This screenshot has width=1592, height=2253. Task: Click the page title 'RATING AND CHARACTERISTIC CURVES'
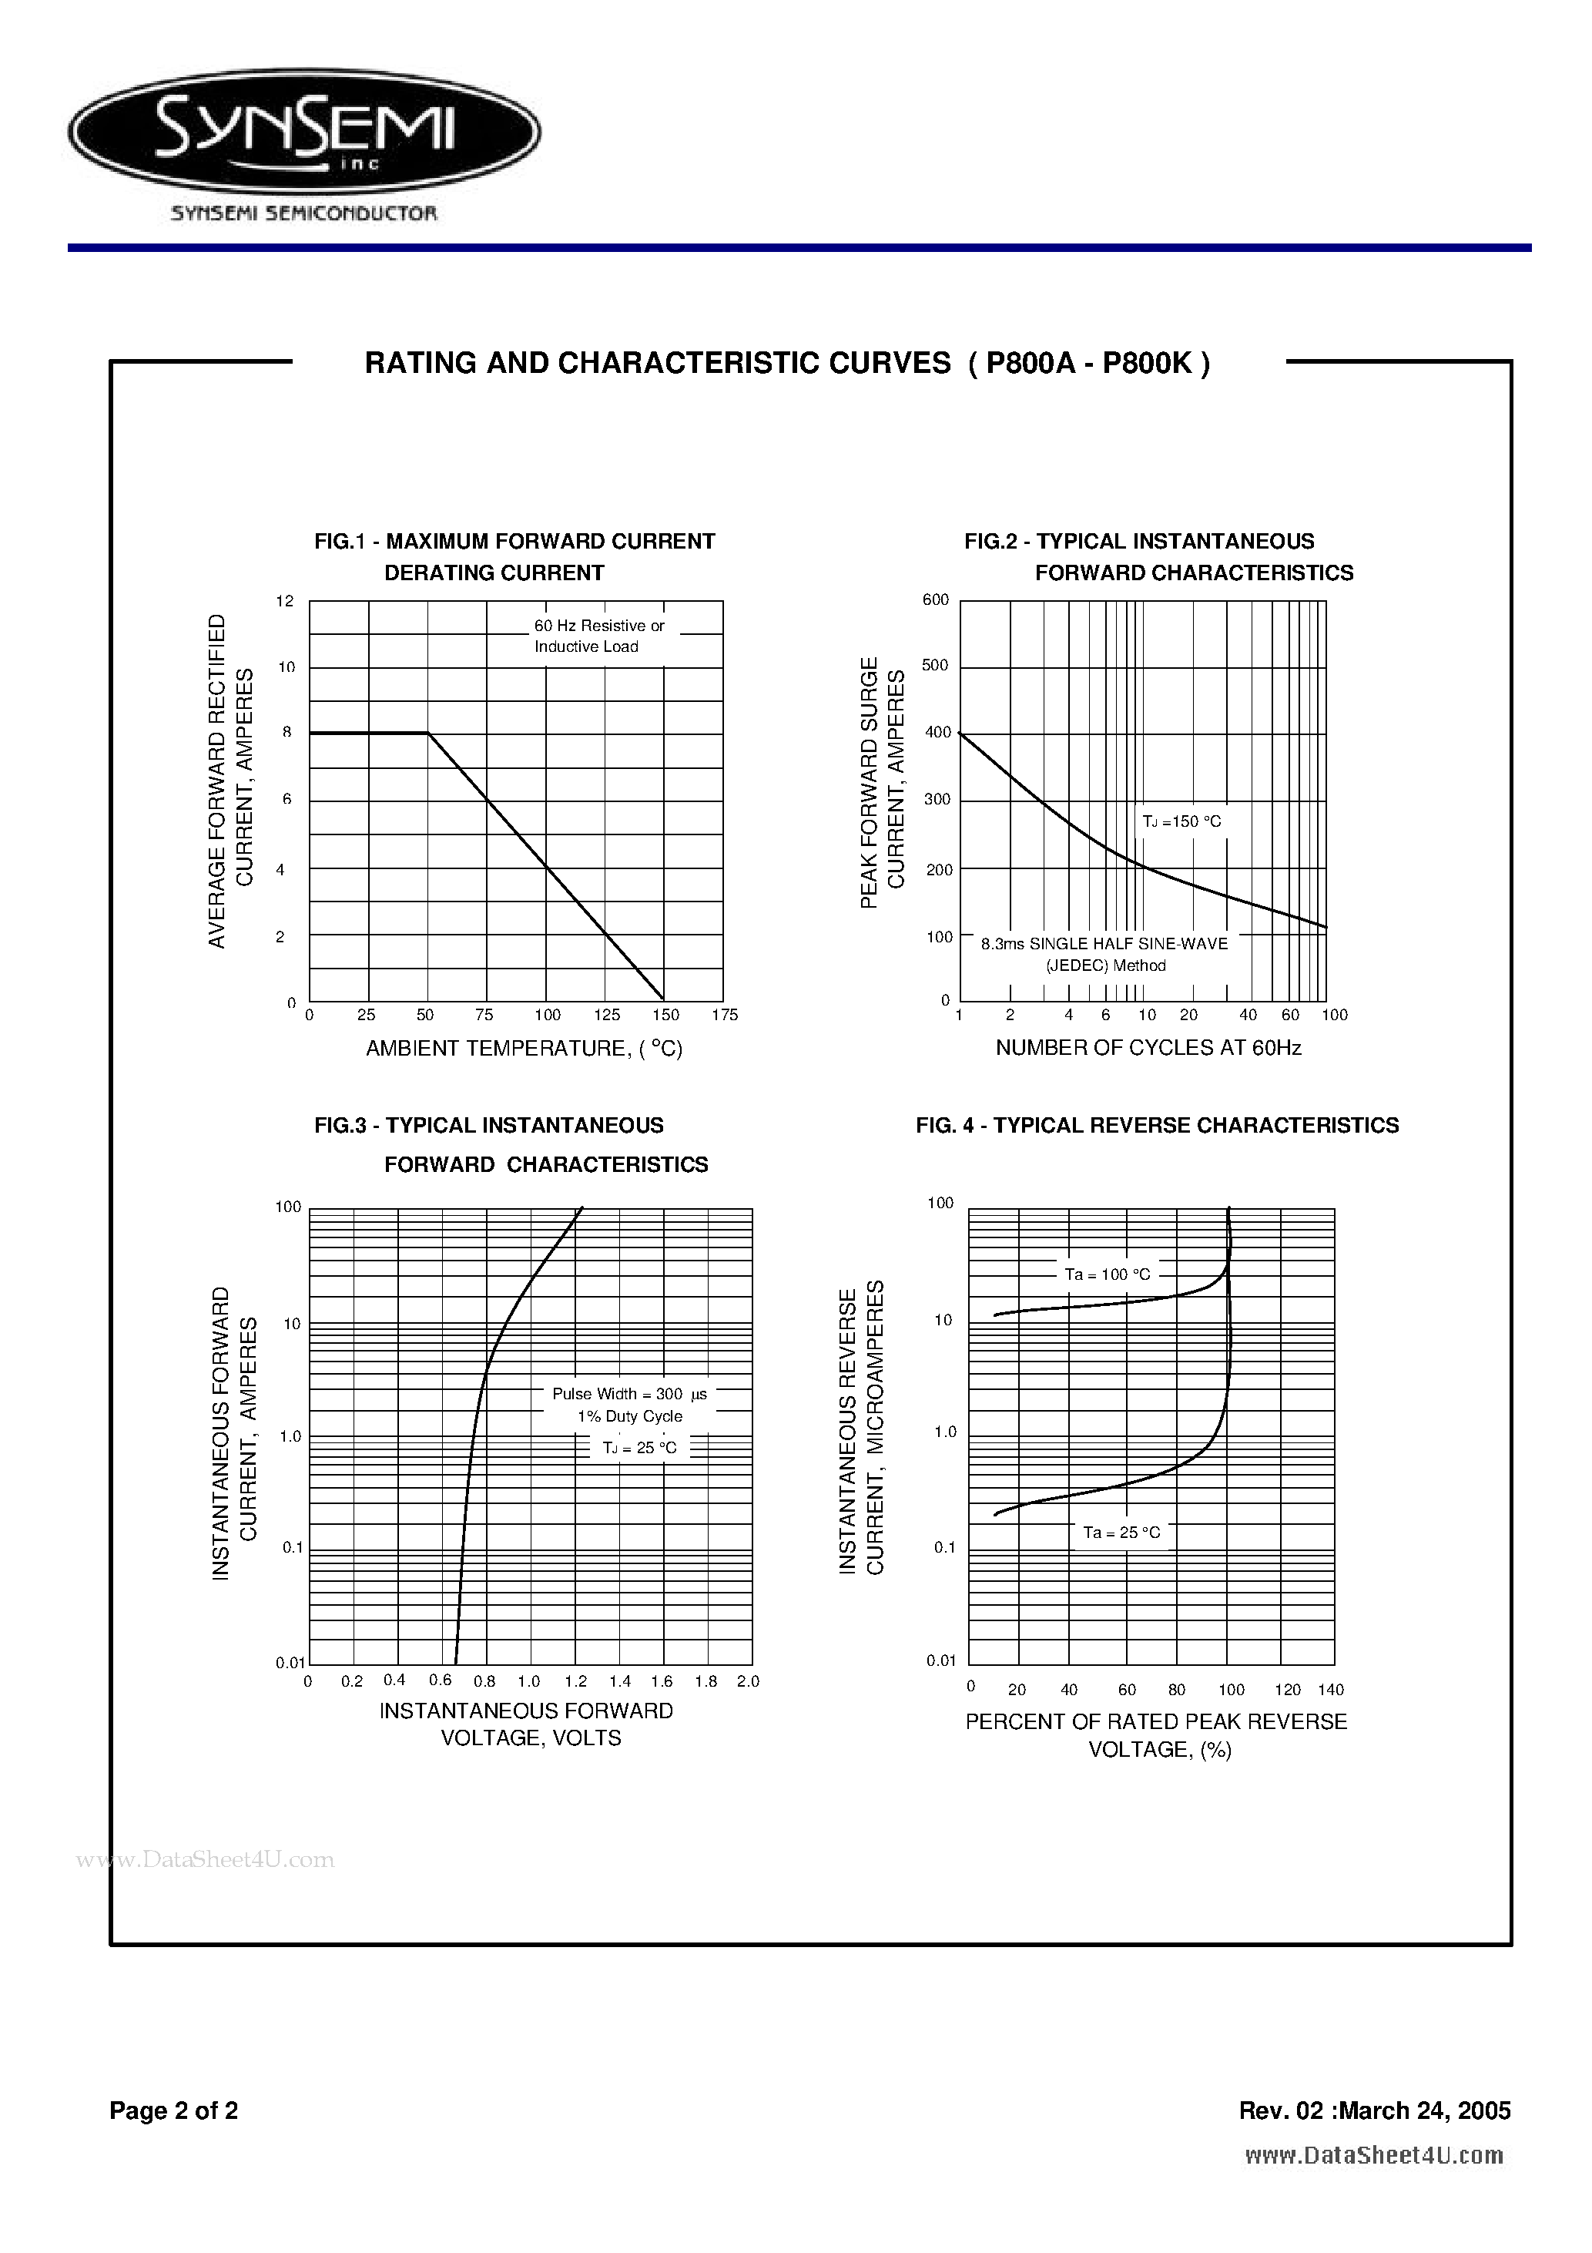coord(657,364)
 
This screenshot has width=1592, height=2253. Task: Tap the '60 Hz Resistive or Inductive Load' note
coord(598,636)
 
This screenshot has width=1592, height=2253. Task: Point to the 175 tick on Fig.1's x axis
coord(724,1016)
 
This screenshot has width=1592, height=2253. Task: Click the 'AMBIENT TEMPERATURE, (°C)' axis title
coord(524,1049)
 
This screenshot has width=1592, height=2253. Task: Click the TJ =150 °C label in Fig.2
coord(1182,821)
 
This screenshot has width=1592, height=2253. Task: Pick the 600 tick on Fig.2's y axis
coord(936,599)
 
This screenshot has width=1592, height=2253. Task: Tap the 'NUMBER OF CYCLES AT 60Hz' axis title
coord(1148,1048)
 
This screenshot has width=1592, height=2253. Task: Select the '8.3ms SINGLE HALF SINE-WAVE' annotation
coord(1104,944)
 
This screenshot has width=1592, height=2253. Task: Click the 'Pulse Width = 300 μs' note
coord(628,1393)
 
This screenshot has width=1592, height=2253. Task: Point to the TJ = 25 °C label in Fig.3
coord(639,1447)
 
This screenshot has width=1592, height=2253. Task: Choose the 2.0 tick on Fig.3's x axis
coord(747,1681)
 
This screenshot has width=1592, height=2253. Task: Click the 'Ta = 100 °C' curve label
coord(1108,1274)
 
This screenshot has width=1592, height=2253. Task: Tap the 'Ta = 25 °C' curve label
coord(1121,1533)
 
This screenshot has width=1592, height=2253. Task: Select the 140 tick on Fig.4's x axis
coord(1330,1690)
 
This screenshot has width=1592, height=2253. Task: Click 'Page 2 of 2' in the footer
coord(173,2110)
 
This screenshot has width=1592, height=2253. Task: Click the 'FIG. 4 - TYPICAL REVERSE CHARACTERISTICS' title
coord(1158,1126)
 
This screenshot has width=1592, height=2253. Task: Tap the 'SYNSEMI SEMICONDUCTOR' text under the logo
coord(304,213)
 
